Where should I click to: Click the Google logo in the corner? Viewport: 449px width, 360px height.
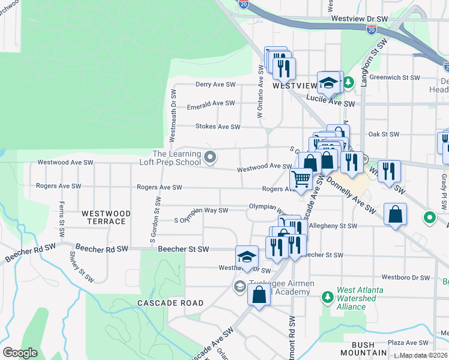[x=20, y=353]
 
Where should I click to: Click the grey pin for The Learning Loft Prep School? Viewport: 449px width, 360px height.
[x=210, y=158]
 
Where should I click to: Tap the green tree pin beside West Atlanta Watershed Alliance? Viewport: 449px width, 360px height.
[x=327, y=296]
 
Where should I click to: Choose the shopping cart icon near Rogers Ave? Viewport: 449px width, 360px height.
[x=301, y=179]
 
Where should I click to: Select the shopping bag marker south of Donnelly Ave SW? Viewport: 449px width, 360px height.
[x=396, y=214]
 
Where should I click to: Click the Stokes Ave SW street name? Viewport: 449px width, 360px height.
[x=217, y=127]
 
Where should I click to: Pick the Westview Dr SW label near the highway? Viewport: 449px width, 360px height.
[x=360, y=19]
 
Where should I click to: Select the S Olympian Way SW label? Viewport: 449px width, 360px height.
[x=200, y=211]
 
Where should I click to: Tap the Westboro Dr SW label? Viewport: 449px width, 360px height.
[x=405, y=278]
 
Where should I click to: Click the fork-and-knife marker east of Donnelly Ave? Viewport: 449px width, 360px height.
[x=390, y=172]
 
